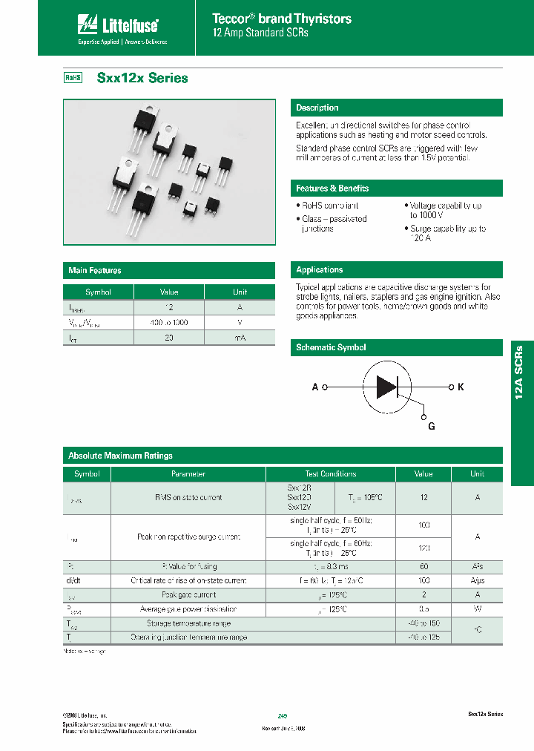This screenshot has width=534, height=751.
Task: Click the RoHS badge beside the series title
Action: [73, 77]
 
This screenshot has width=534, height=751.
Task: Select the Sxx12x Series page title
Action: [142, 78]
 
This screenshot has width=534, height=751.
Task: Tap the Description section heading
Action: [317, 108]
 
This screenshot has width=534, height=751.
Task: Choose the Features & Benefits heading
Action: [332, 188]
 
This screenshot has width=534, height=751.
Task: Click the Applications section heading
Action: [320, 269]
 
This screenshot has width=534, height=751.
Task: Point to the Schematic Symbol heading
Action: [331, 347]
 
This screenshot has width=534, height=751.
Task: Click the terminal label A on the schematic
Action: [315, 387]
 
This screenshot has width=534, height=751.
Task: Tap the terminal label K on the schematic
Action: [461, 387]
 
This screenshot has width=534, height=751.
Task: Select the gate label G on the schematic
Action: [431, 426]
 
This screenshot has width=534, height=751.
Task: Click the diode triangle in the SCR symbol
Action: [386, 387]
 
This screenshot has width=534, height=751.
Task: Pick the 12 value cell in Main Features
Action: [169, 307]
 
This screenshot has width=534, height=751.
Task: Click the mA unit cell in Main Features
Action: [240, 337]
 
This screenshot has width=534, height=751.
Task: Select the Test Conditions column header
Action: [330, 473]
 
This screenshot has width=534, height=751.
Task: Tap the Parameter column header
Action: [188, 473]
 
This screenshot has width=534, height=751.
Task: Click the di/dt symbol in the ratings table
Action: [74, 580]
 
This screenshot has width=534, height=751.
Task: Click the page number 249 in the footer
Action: [283, 715]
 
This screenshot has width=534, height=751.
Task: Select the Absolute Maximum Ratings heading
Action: [120, 456]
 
